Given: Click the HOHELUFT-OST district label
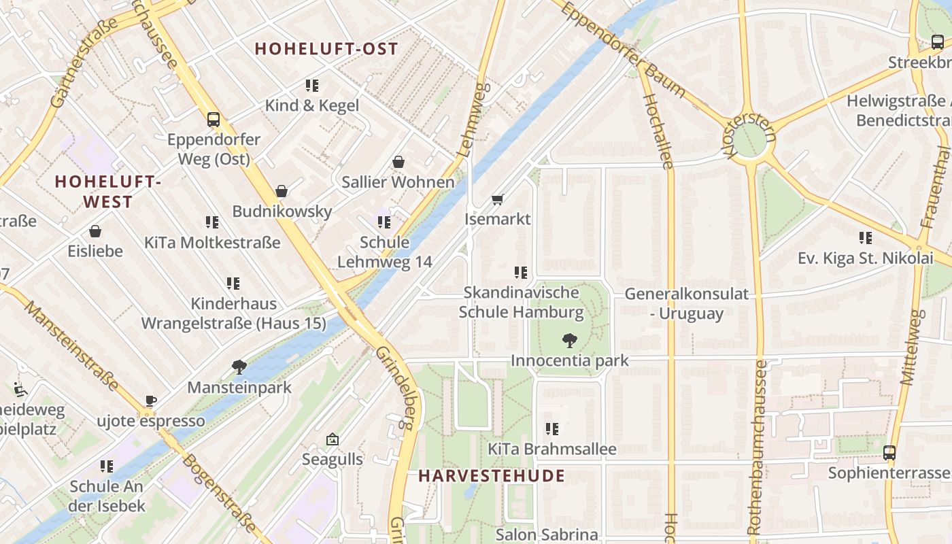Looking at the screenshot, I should click(326, 49).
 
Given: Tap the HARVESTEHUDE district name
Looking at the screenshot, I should click(492, 475).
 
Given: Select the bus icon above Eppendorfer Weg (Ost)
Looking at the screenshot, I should click(214, 120).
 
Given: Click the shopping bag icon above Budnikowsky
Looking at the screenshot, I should click(282, 191).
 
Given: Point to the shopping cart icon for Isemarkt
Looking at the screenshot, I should click(497, 199).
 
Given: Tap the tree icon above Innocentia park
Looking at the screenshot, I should click(570, 340).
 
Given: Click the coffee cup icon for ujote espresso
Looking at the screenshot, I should click(150, 401).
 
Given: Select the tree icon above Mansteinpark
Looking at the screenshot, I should click(239, 367).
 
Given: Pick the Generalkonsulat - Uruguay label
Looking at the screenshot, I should click(686, 303).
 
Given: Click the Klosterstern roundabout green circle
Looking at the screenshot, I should click(749, 139).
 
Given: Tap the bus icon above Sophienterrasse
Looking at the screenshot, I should click(889, 452).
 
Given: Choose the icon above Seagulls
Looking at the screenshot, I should click(332, 439).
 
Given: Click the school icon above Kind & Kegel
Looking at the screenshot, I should click(311, 86).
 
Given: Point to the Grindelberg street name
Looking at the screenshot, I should click(395, 388).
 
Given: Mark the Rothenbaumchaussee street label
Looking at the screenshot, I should click(757, 447).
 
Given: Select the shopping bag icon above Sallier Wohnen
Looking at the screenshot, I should click(398, 162).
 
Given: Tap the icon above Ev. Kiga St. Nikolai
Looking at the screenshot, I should click(865, 238).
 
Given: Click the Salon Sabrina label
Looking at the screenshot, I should click(547, 534).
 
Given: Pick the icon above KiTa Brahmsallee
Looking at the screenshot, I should click(551, 428).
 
